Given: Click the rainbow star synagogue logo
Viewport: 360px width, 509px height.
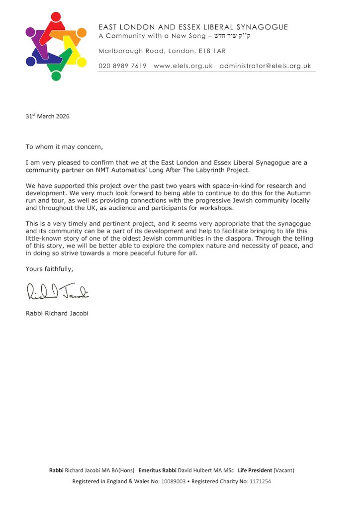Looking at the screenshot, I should point(56,46).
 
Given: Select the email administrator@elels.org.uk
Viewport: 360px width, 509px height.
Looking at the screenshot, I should point(265,66).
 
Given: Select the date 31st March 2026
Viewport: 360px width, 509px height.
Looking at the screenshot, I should point(48,117).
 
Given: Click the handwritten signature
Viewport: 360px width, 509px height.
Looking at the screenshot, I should point(57,291).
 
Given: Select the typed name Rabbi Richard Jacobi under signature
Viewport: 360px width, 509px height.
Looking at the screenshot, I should point(57,314).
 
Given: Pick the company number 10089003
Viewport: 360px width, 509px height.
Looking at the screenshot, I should point(174,482).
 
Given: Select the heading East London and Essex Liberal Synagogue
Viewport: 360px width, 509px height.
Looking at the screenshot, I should point(193,27).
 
